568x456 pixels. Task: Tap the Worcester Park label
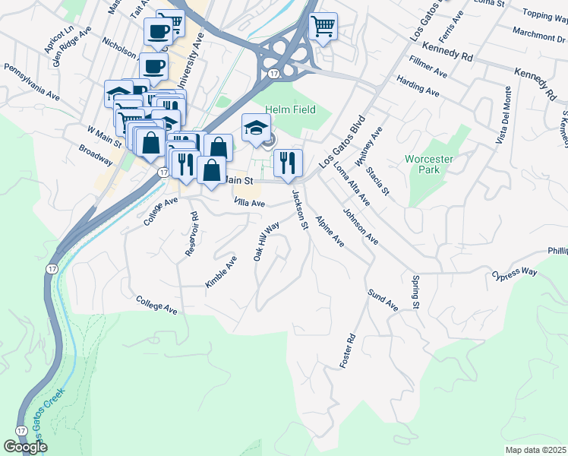tap(433, 164)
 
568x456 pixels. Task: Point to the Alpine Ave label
tap(330, 232)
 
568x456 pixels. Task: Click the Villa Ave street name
tap(249, 203)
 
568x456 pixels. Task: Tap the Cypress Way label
tap(513, 273)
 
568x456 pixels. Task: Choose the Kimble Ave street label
tap(221, 271)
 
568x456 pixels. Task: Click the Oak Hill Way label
tap(267, 242)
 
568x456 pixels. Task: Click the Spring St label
tap(416, 293)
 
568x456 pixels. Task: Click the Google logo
tap(25, 447)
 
